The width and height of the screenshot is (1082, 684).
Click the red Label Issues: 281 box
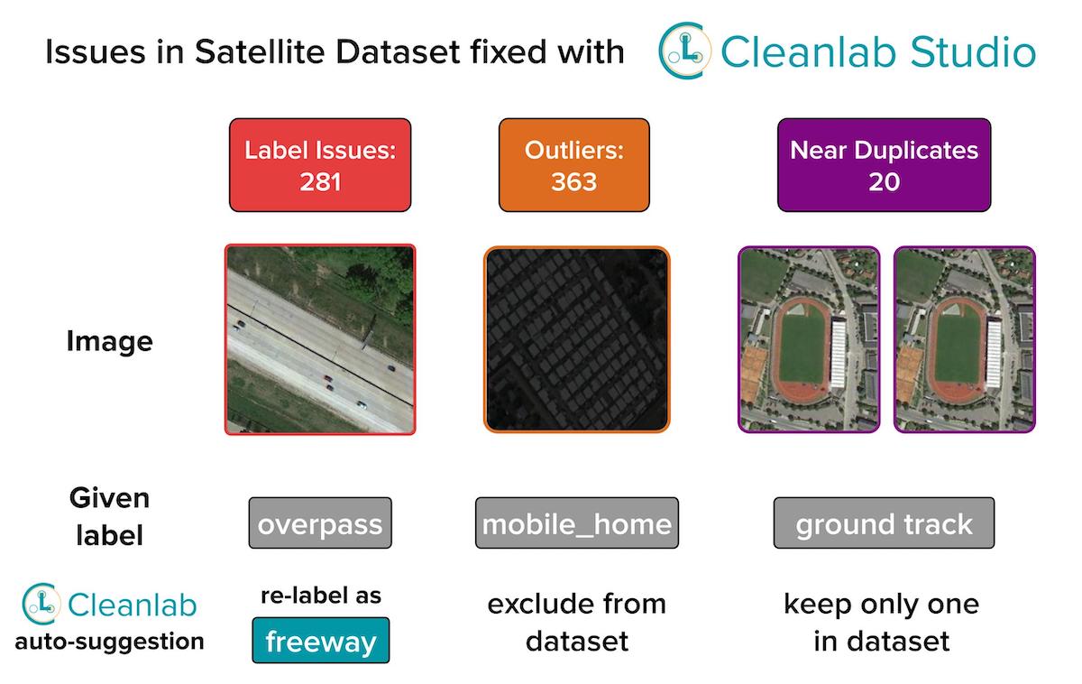click(x=320, y=165)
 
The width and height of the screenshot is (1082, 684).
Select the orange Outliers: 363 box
click(x=573, y=165)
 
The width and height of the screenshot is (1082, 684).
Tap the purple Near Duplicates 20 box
click(x=884, y=165)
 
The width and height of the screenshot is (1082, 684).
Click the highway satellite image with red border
click(x=320, y=339)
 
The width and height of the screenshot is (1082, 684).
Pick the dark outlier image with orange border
click(x=577, y=339)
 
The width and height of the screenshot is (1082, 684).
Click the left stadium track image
click(x=809, y=339)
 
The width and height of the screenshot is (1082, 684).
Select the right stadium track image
click(x=964, y=339)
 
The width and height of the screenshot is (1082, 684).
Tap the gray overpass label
click(x=320, y=523)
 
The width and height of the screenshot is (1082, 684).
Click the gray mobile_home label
click(x=576, y=523)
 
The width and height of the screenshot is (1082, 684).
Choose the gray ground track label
click(x=884, y=523)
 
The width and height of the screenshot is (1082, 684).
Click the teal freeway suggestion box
click(x=320, y=641)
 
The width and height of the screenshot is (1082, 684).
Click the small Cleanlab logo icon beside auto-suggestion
click(x=41, y=604)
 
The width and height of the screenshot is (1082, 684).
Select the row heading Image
click(x=110, y=341)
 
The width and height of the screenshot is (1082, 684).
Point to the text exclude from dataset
click(x=576, y=622)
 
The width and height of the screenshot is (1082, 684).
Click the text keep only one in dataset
click(x=881, y=622)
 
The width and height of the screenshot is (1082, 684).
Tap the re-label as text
click(x=320, y=596)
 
